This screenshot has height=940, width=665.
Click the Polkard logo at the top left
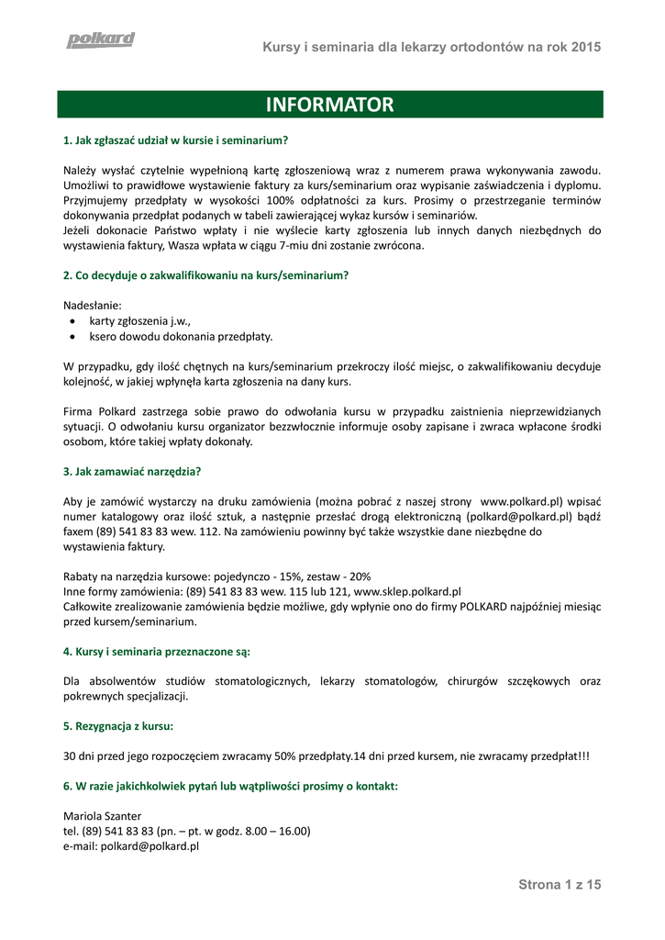tap(100, 39)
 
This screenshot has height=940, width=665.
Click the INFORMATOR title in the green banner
tap(329, 105)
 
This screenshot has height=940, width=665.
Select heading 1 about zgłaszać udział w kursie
tap(176, 140)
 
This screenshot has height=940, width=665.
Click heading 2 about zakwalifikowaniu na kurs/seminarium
tap(206, 275)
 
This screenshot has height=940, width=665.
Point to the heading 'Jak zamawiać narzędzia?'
tap(132, 472)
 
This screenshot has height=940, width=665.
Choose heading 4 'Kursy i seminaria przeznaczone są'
tap(157, 652)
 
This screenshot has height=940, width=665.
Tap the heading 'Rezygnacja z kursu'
tap(118, 726)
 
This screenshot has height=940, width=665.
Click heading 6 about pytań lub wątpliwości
tap(230, 786)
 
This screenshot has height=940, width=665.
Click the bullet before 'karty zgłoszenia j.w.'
tap(72, 322)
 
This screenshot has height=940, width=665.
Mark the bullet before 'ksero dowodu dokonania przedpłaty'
tap(72, 337)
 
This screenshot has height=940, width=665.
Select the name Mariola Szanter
tap(103, 816)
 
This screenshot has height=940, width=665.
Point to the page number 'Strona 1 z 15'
tap(560, 885)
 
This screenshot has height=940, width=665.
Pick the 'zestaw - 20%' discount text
tap(338, 576)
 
